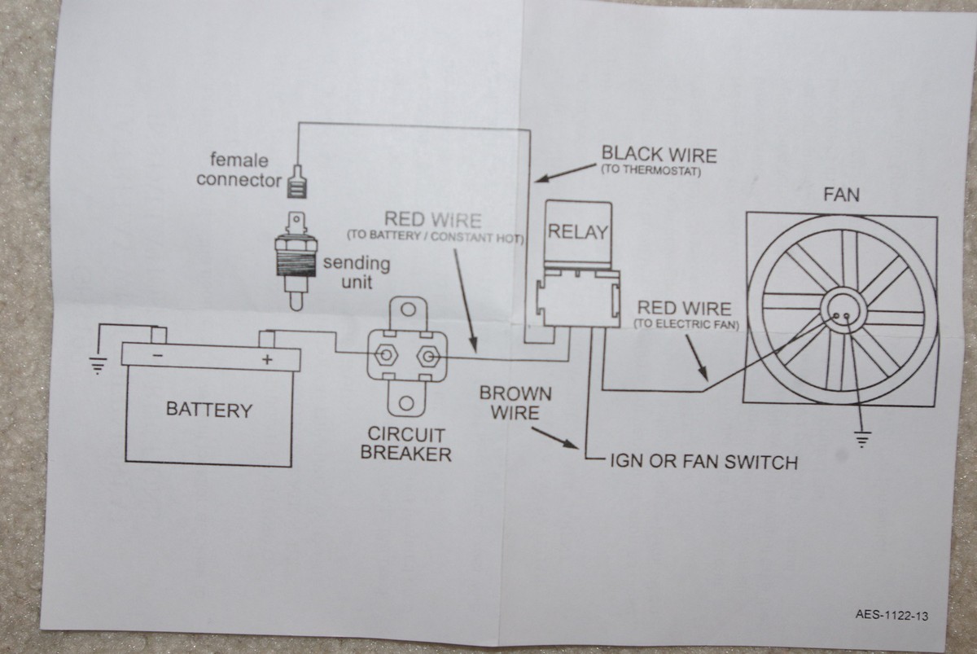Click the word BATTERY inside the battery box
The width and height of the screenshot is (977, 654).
[x=208, y=409]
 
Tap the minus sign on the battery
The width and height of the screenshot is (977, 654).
[x=157, y=356]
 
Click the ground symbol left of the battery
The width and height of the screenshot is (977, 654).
[x=98, y=366]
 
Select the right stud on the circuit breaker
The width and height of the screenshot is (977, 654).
[x=430, y=356]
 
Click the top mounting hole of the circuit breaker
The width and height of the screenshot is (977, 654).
[x=409, y=309]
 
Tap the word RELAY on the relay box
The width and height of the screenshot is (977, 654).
[x=577, y=232]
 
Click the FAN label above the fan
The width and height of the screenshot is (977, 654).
[x=841, y=195]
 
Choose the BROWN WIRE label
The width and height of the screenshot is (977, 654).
[x=515, y=403]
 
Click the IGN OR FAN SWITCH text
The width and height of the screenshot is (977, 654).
[x=703, y=463]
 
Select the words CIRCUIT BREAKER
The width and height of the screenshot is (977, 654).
[x=405, y=443]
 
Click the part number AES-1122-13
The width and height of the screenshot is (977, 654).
[x=891, y=616]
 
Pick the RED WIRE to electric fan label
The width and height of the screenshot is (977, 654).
[x=684, y=309]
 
